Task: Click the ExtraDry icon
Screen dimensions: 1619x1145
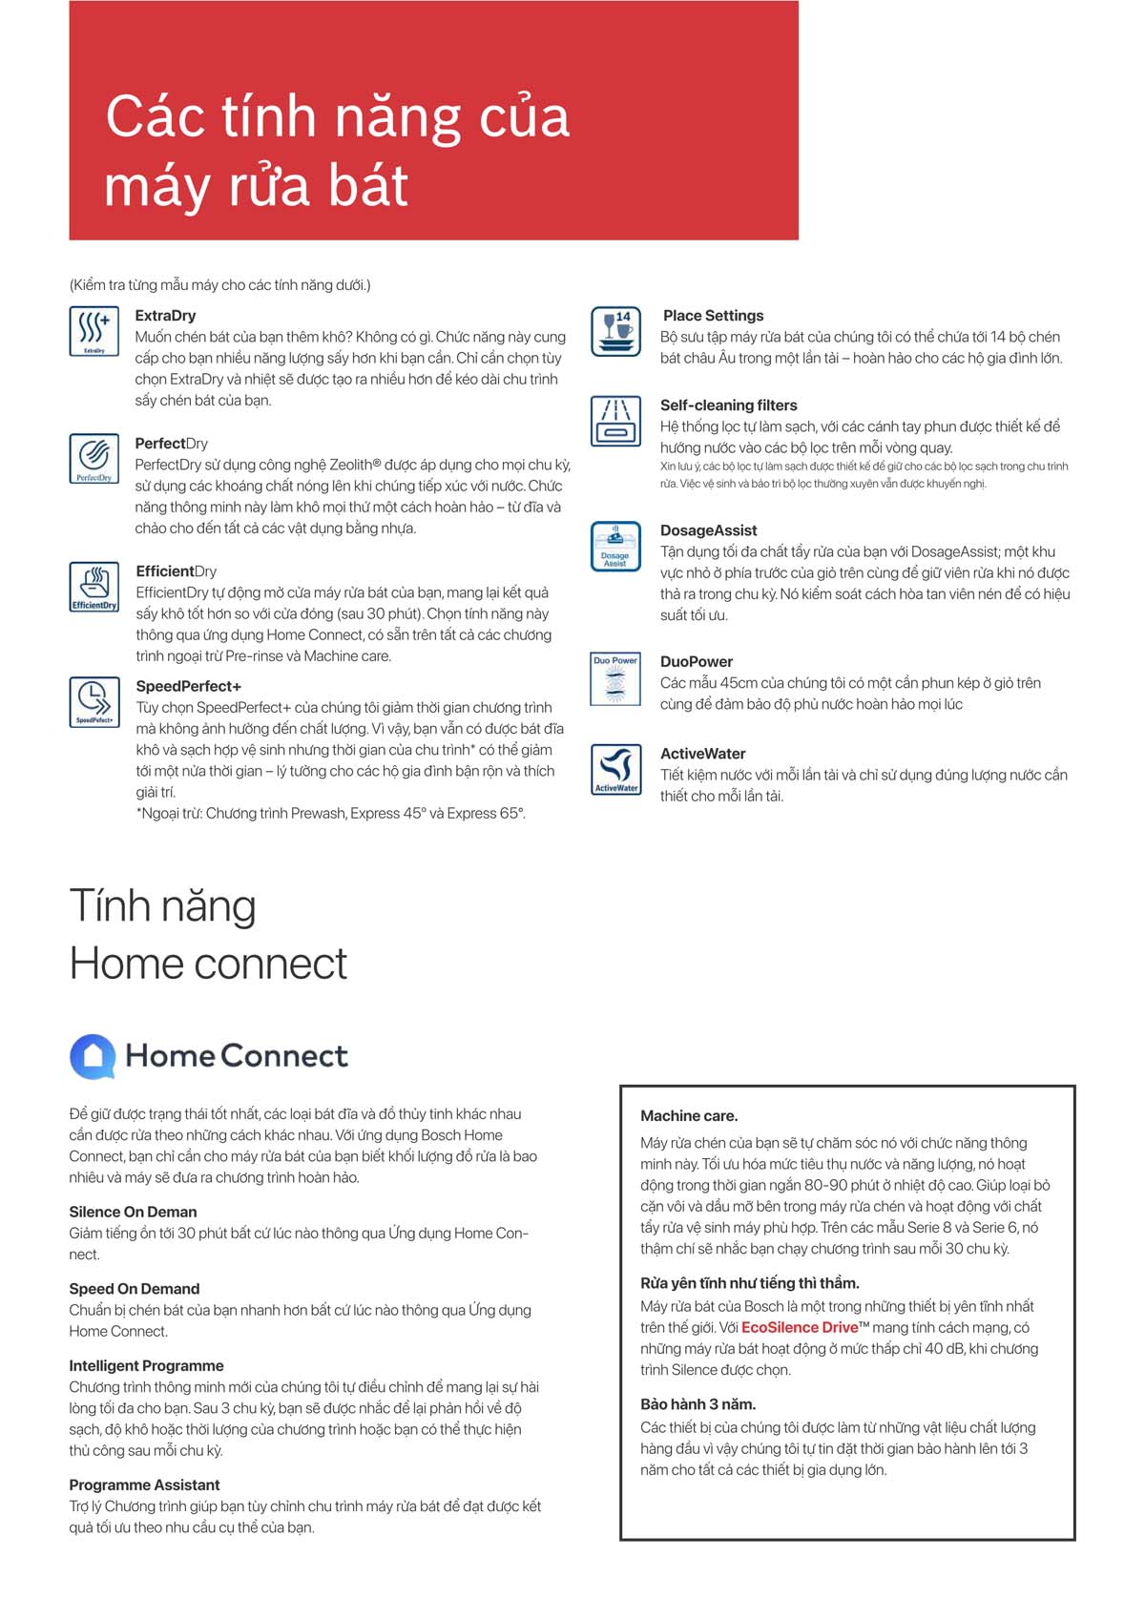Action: click(94, 330)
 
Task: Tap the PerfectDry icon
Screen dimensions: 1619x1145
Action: click(94, 458)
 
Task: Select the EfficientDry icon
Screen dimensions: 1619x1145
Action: click(94, 586)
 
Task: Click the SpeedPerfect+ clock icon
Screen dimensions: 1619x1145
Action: click(94, 701)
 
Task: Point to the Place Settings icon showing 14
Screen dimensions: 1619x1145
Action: click(615, 331)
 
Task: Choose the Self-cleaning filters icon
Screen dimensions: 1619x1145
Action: click(615, 421)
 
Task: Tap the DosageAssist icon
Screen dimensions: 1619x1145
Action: click(615, 546)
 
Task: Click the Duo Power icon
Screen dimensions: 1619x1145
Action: click(615, 678)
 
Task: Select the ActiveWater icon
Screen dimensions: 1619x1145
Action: click(615, 769)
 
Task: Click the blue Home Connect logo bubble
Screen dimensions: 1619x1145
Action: click(93, 1056)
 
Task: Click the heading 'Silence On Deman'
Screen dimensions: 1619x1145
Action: click(133, 1212)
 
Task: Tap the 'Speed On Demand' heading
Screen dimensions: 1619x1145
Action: click(135, 1289)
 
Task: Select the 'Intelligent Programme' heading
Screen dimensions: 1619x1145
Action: click(146, 1366)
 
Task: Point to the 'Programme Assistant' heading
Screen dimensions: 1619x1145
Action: click(144, 1485)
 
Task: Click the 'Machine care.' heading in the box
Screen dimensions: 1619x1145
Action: click(689, 1116)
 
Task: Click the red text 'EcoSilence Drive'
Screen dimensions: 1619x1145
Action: click(800, 1328)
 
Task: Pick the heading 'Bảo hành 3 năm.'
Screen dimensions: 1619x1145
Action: click(697, 1404)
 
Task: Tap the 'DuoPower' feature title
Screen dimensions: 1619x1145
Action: click(697, 662)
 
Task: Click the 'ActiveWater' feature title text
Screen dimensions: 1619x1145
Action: click(702, 754)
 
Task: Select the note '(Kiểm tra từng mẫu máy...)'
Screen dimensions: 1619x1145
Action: click(219, 285)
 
